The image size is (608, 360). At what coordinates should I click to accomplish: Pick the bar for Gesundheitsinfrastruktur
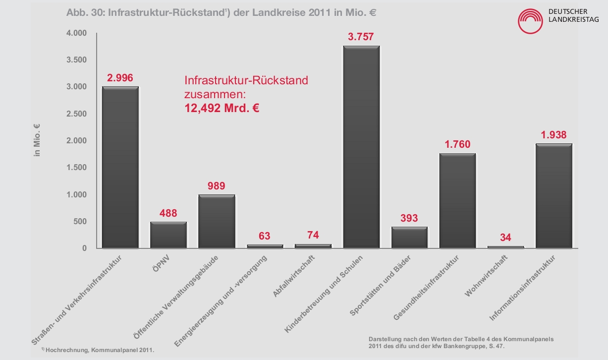pos(457,200)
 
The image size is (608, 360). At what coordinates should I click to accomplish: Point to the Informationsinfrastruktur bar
pos(554,195)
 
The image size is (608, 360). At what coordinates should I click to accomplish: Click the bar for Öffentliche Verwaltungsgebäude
pos(217,221)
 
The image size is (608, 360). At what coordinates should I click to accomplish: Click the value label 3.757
pos(361,37)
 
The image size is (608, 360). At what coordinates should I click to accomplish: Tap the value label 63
pos(265,236)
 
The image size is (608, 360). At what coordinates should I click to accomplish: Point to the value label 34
pos(505,237)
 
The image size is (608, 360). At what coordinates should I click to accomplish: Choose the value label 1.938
pos(553,135)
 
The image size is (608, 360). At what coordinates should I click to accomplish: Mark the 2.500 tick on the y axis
pos(76,114)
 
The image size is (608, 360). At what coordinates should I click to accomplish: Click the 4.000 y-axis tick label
pos(76,33)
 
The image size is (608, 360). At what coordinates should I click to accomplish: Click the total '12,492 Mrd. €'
pos(222,108)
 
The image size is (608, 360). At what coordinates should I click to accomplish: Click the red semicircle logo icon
pos(532,21)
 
